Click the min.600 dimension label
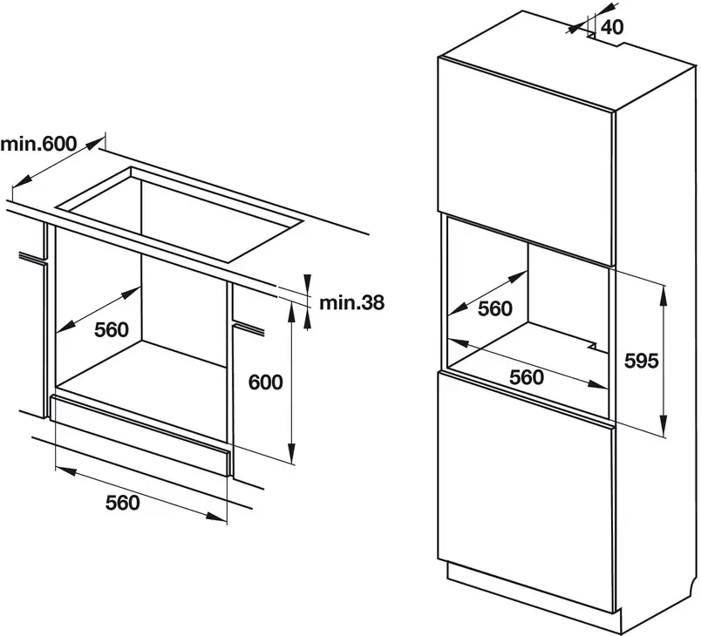pyautogui.click(x=39, y=144)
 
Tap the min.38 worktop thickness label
pyautogui.click(x=351, y=303)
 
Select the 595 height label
pyautogui.click(x=642, y=361)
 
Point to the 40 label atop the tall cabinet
pyautogui.click(x=612, y=27)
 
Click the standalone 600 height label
pyautogui.click(x=266, y=382)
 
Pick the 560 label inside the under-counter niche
pyautogui.click(x=112, y=329)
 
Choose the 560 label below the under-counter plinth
pyautogui.click(x=122, y=503)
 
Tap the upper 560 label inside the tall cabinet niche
pyautogui.click(x=495, y=308)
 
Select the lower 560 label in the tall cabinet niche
pyautogui.click(x=527, y=377)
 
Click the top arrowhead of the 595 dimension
pyautogui.click(x=664, y=295)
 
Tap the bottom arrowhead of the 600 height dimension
pyautogui.click(x=291, y=453)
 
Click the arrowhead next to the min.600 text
pyautogui.click(x=94, y=144)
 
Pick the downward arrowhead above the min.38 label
pyautogui.click(x=307, y=285)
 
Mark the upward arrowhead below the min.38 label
pyautogui.click(x=307, y=319)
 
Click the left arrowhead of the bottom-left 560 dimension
pyautogui.click(x=65, y=470)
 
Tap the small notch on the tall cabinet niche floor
pyautogui.click(x=593, y=346)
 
